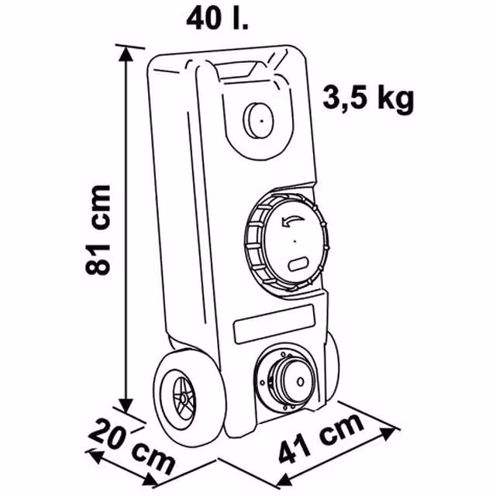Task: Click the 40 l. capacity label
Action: pos(217,19)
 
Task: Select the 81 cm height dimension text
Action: pos(98,229)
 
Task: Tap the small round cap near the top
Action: pos(258,121)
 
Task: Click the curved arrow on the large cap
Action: pos(293,221)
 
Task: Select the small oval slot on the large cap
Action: pos(298,263)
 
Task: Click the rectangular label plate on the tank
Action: pos(274,324)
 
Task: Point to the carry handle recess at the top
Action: pos(236,71)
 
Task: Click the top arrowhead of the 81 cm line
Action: pos(126,54)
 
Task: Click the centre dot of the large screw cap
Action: pos(294,241)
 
